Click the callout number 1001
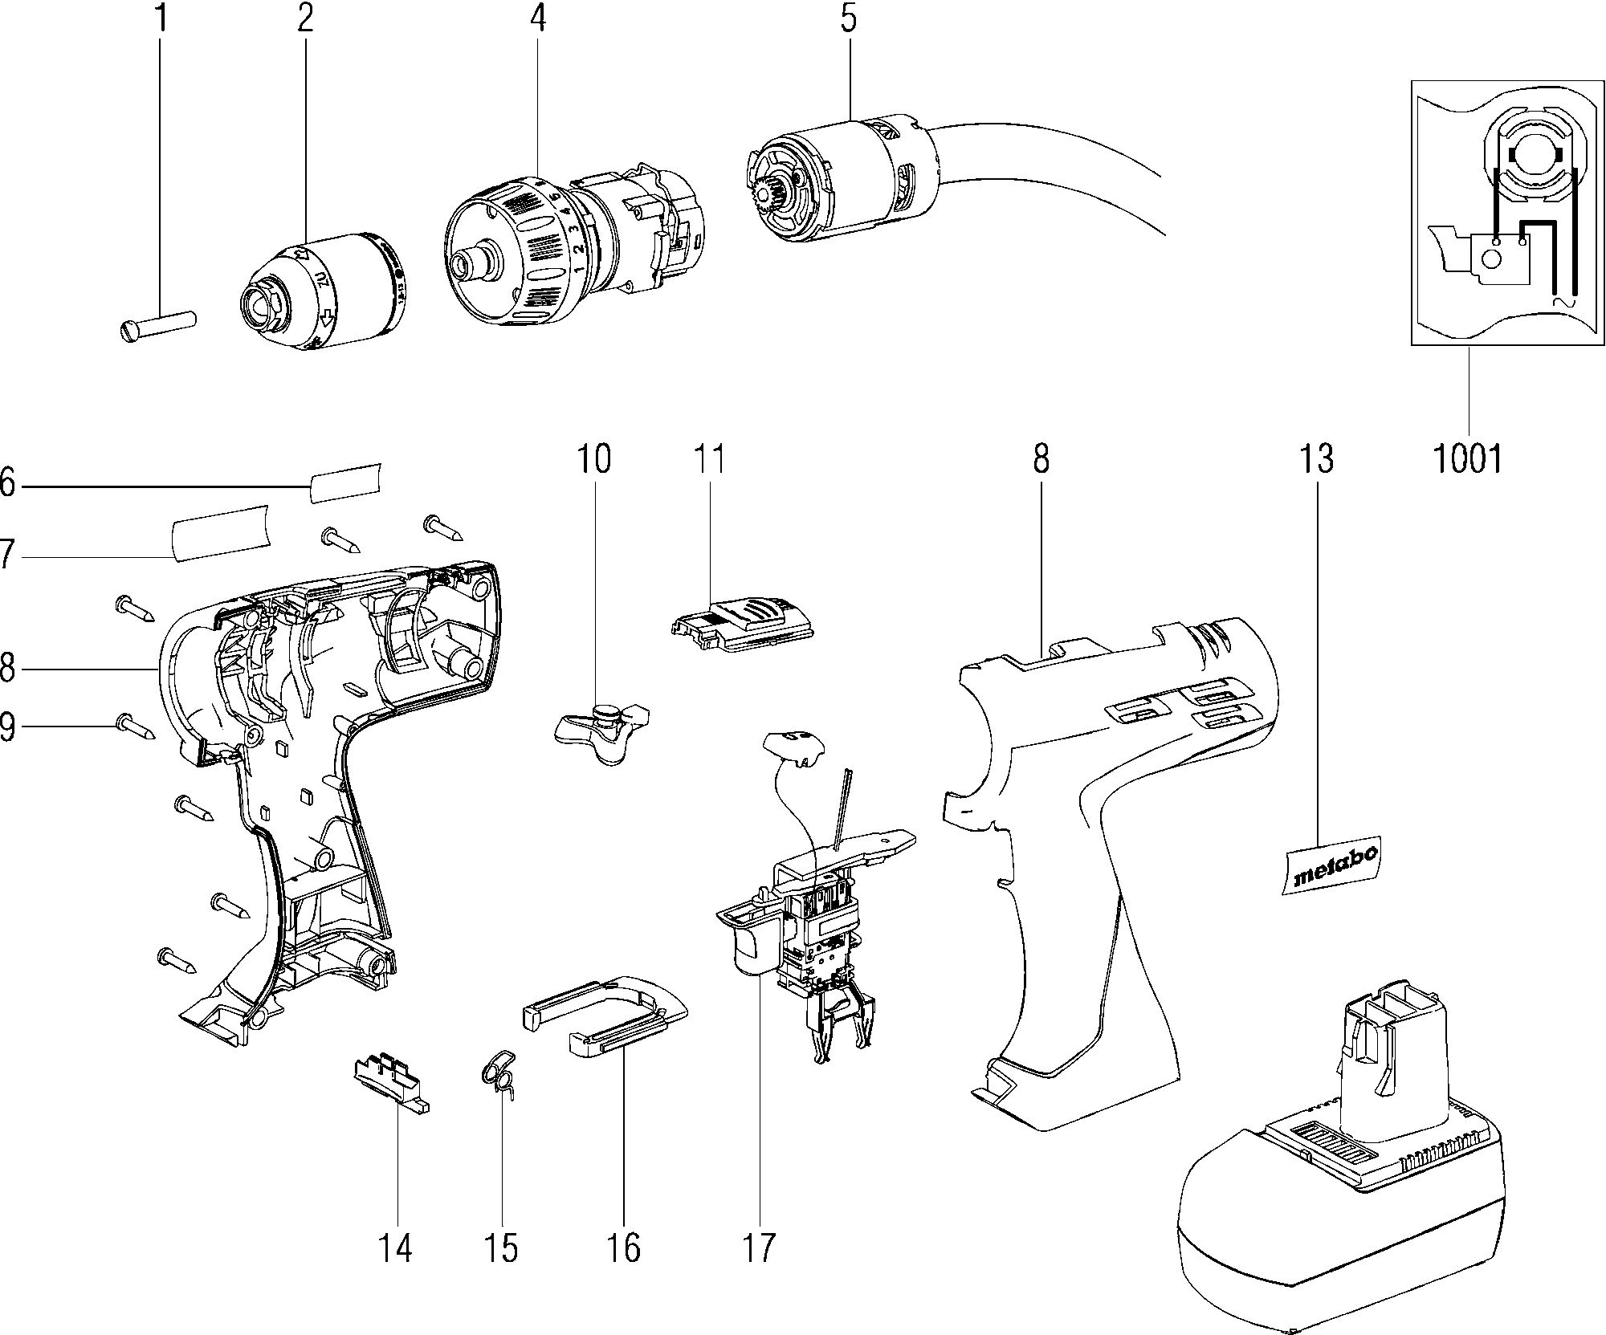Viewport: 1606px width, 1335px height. coord(1468,459)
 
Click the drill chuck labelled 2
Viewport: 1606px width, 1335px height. coord(321,291)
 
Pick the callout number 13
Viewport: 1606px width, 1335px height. coord(1315,458)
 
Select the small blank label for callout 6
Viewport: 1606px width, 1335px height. coord(345,482)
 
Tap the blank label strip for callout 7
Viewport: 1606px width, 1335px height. coord(220,533)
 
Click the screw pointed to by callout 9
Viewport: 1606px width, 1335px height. coord(136,727)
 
